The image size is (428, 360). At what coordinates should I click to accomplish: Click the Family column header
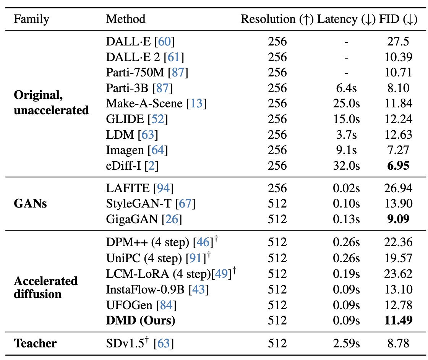31,19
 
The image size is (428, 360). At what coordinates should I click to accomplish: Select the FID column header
398,19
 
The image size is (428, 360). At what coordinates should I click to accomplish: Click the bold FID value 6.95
398,166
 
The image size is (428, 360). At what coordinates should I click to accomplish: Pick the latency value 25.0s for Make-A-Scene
346,104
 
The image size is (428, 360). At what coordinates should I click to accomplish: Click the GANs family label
30,204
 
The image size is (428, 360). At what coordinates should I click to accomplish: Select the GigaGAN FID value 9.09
398,219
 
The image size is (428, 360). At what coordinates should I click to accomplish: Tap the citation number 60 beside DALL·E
164,42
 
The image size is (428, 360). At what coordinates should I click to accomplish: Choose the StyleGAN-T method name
139,204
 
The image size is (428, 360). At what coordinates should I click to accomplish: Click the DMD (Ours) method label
141,320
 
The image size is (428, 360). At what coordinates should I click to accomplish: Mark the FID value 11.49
398,320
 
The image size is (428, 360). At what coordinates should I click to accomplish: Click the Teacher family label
35,343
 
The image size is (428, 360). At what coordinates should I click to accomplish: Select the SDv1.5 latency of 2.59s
346,343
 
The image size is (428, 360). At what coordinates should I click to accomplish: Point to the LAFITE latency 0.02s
346,188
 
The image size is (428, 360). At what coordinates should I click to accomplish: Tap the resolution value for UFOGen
277,305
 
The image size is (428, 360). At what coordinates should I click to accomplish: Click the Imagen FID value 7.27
398,150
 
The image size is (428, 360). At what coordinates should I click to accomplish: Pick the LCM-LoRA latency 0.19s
346,274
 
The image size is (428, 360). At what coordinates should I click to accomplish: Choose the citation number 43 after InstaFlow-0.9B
199,290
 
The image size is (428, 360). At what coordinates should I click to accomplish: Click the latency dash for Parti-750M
346,73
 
